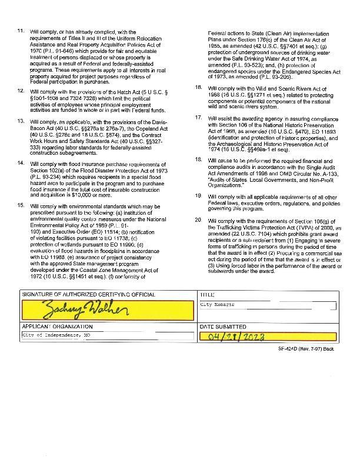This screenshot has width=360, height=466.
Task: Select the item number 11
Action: pyautogui.click(x=20, y=30)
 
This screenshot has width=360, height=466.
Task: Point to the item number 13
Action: pyautogui.click(x=20, y=121)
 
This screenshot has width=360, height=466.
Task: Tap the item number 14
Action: pyautogui.click(x=20, y=162)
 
